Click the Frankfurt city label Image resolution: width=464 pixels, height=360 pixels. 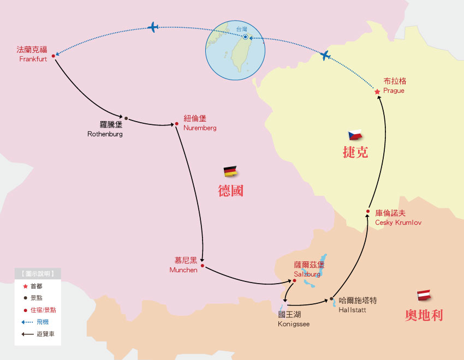(x=32, y=54)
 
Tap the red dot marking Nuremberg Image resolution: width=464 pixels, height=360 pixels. (x=177, y=124)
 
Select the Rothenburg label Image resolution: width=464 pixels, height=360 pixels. (x=105, y=129)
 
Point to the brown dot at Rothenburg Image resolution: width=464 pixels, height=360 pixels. (x=126, y=118)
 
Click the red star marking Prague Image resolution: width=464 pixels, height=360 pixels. (x=377, y=92)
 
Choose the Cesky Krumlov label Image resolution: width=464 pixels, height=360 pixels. (x=398, y=217)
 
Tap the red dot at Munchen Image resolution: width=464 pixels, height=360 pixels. (x=203, y=266)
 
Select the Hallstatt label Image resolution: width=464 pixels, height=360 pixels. (x=358, y=305)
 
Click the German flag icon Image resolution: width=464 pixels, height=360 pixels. (x=230, y=171)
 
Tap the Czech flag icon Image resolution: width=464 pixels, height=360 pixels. (x=355, y=134)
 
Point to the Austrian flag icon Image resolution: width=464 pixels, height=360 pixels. (x=425, y=295)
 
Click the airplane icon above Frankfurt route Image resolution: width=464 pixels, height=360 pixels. (x=153, y=27)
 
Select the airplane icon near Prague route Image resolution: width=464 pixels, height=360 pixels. (x=325, y=55)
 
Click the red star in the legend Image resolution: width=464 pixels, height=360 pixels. (x=25, y=286)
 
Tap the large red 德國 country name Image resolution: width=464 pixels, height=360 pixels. (x=230, y=191)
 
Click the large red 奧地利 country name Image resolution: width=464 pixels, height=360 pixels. (x=424, y=315)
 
